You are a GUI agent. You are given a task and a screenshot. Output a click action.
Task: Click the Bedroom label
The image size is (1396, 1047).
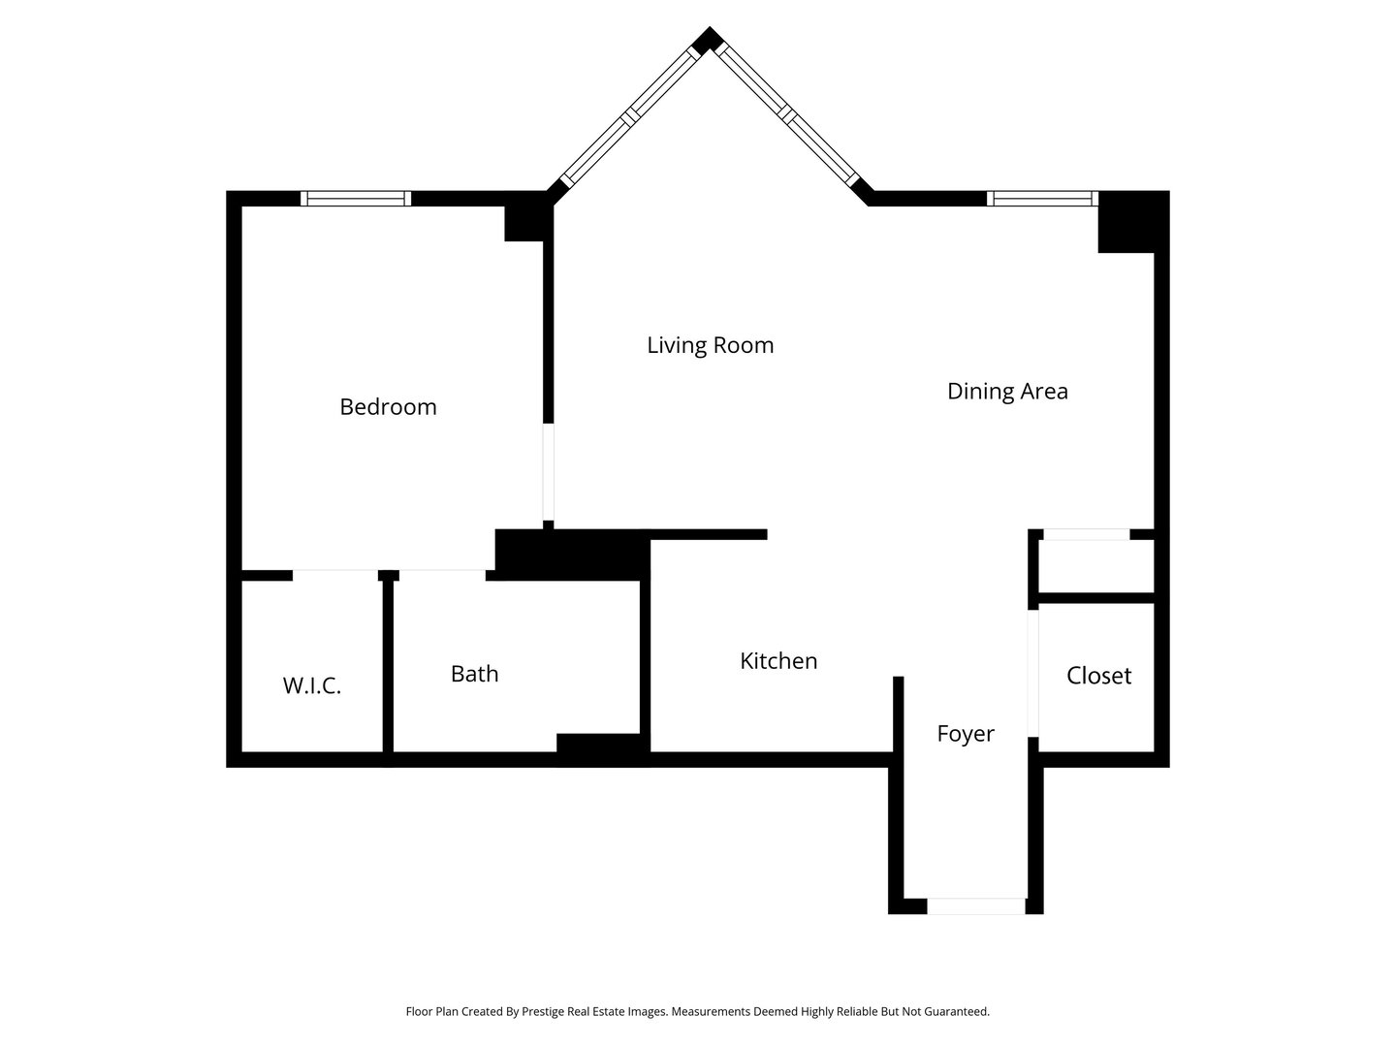tap(388, 406)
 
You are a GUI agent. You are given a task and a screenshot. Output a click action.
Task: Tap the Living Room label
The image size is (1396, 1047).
tap(710, 345)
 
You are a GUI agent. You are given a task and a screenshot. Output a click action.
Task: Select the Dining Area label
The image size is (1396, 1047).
tap(1007, 391)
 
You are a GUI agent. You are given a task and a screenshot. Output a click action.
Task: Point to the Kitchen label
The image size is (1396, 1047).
tap(778, 661)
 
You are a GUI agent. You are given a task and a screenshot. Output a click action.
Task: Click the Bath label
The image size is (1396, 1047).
tap(474, 674)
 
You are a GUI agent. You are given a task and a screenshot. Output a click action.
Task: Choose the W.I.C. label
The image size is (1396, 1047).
tap(311, 686)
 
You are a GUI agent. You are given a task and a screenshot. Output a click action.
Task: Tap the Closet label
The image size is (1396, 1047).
tap(1098, 676)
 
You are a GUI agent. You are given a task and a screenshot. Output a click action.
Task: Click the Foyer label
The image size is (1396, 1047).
tap(965, 734)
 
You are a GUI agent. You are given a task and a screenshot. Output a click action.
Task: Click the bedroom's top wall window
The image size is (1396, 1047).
tap(356, 199)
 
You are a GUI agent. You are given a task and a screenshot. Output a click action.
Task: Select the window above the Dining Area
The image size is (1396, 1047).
tap(1042, 199)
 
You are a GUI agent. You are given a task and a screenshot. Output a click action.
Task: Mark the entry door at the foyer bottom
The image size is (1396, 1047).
tap(975, 906)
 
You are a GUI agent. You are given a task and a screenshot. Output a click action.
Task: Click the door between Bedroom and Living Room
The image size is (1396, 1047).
tap(548, 472)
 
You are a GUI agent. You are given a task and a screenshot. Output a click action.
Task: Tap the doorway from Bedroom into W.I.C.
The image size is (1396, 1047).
tap(334, 575)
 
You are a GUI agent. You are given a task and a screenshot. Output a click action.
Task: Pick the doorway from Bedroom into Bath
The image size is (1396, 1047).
tap(441, 575)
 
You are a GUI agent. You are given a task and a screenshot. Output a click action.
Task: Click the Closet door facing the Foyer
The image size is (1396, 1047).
tap(1033, 673)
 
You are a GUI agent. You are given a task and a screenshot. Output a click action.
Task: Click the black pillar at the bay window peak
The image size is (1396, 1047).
tap(708, 40)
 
